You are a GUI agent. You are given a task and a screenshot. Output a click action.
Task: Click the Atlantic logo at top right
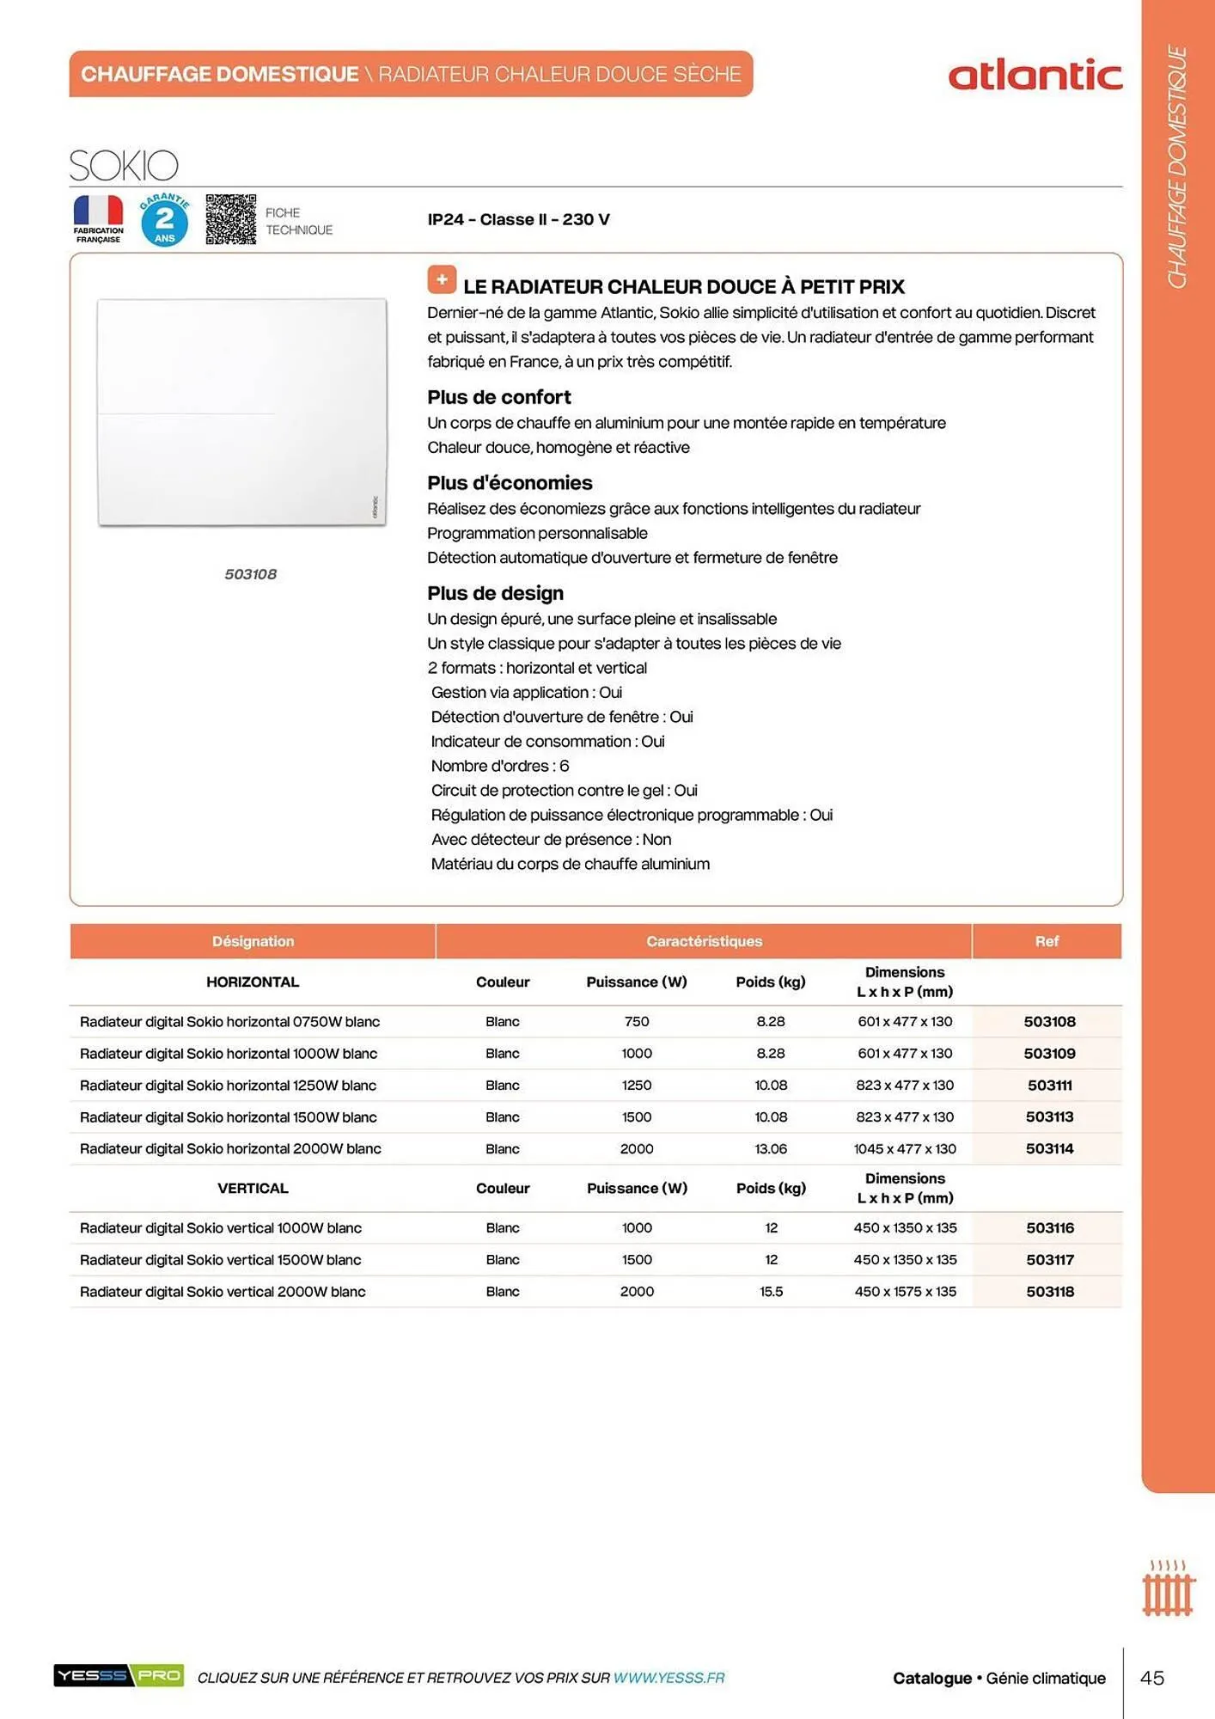pyautogui.click(x=1035, y=76)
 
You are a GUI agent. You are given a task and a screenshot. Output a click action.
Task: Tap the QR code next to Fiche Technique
pyautogui.click(x=230, y=219)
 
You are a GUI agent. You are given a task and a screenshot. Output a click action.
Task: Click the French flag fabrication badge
pyautogui.click(x=98, y=218)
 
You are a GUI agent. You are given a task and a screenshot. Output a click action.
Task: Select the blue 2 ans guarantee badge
pyautogui.click(x=164, y=220)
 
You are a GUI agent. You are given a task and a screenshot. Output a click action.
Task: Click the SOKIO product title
pyautogui.click(x=124, y=165)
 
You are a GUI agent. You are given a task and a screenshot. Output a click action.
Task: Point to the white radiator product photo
pyautogui.click(x=241, y=412)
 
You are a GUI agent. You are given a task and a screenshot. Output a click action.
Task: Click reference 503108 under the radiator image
pyautogui.click(x=250, y=574)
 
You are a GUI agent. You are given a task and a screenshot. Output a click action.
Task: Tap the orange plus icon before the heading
pyautogui.click(x=442, y=279)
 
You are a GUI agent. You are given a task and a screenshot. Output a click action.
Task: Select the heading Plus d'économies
pyautogui.click(x=510, y=483)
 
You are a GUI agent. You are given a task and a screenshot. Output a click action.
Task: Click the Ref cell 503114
pyautogui.click(x=1049, y=1149)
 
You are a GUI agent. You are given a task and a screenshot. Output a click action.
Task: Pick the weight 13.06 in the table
pyautogui.click(x=771, y=1149)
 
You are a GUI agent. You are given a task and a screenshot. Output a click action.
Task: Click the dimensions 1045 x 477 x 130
pyautogui.click(x=905, y=1149)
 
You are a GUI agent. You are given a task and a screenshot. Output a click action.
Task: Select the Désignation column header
pyautogui.click(x=253, y=941)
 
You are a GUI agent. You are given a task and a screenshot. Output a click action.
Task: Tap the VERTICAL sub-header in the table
pyautogui.click(x=253, y=1188)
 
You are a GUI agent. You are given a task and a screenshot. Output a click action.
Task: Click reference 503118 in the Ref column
pyautogui.click(x=1049, y=1292)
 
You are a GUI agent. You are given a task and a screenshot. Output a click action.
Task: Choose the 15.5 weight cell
pyautogui.click(x=771, y=1292)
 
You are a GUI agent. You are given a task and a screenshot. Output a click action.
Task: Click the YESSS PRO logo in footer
pyautogui.click(x=119, y=1675)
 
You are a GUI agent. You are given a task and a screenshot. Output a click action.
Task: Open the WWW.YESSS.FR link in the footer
pyautogui.click(x=669, y=1678)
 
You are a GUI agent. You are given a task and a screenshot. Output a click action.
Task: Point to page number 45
pyautogui.click(x=1151, y=1678)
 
